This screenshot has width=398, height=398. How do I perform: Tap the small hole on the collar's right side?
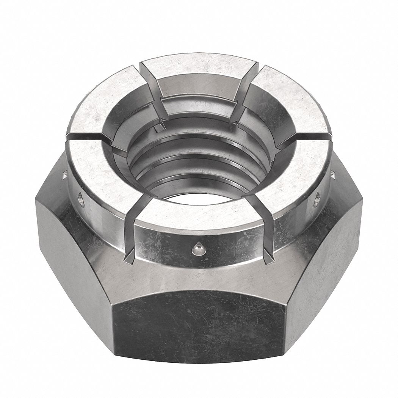click(317, 199)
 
